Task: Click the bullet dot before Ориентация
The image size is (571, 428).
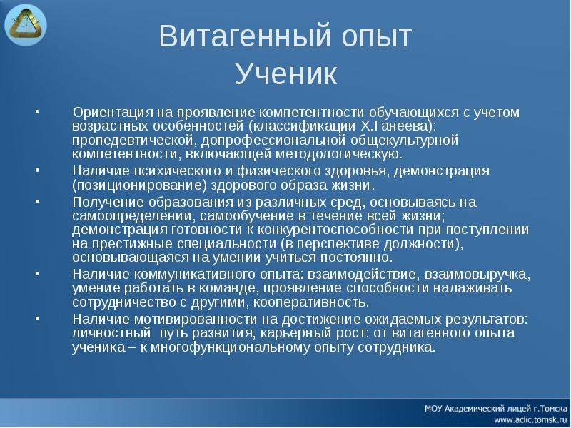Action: click(x=37, y=113)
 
